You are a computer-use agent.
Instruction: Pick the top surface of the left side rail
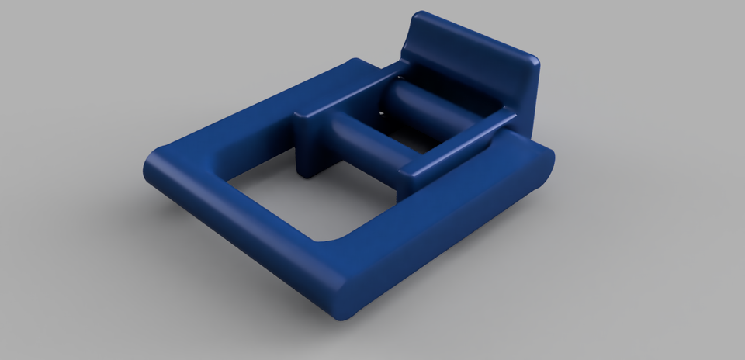pos(349,93)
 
